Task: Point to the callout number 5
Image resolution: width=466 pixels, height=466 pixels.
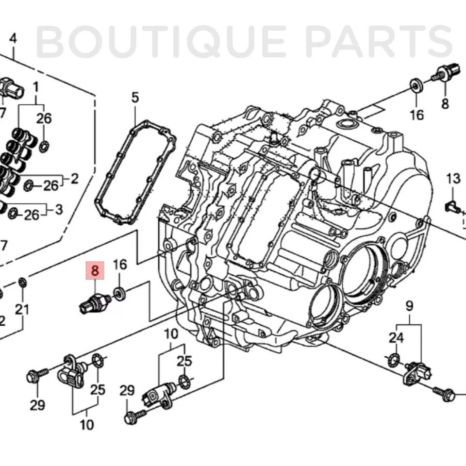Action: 135,98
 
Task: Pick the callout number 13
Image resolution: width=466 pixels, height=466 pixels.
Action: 453,179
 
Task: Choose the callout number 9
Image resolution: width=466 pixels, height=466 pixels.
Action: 409,306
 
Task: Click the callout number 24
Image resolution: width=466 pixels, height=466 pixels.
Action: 396,338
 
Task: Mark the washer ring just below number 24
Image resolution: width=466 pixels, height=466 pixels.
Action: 394,360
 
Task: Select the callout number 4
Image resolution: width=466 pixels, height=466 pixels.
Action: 13,38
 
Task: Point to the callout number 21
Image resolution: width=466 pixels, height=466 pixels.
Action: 22,309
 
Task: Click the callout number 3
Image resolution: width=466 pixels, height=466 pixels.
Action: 59,210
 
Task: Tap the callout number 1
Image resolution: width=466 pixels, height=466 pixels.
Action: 35,87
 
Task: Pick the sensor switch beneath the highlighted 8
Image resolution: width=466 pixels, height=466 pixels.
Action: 95,302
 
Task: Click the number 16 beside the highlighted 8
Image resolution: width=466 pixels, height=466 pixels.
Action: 120,265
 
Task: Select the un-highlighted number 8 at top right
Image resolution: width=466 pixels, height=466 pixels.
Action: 445,103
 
